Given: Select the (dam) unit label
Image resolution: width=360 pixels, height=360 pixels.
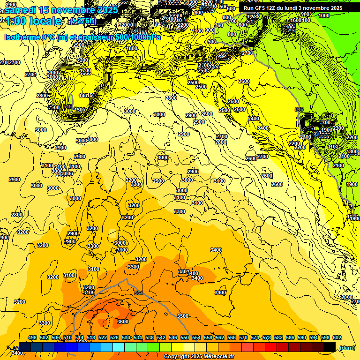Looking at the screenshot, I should (x=347, y=347).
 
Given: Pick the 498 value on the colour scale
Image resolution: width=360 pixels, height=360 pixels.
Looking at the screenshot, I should (x=32, y=337).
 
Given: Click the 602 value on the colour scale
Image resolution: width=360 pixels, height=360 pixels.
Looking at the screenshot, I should (x=337, y=337).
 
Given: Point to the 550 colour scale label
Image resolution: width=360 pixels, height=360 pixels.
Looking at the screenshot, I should (x=184, y=337).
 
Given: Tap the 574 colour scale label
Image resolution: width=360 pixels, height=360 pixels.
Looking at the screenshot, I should (x=255, y=337).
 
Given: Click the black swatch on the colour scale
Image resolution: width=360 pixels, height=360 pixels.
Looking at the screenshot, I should (x=330, y=347).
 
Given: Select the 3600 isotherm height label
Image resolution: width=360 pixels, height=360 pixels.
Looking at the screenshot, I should (x=123, y=322).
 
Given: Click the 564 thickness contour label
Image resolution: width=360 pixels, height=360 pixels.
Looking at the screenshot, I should (x=138, y=293).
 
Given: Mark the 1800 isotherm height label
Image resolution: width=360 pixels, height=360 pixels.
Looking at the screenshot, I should (x=132, y=48).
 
